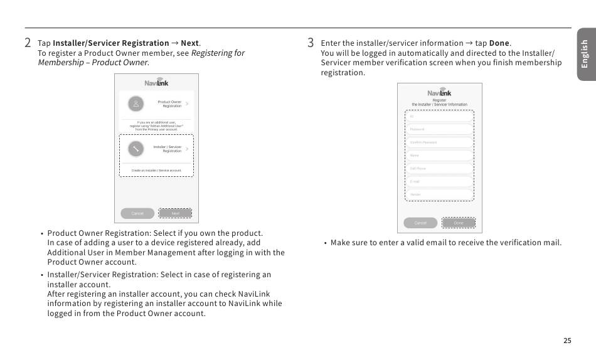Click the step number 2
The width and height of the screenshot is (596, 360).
pos(28,43)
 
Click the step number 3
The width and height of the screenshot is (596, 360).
pos(311,43)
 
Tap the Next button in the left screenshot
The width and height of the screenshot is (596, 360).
pos(176,213)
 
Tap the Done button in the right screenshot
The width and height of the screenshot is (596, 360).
pos(459,223)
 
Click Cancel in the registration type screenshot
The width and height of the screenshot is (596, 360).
pos(137,213)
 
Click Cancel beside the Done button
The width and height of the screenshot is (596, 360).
pos(420,223)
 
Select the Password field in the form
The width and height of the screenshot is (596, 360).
pos(440,129)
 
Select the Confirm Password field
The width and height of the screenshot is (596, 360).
pos(440,142)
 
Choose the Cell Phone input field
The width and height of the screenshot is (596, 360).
pos(440,169)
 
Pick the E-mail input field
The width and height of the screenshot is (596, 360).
pos(440,181)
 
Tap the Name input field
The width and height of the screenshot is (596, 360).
pos(440,156)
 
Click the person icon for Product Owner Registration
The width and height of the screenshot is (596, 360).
pos(136,103)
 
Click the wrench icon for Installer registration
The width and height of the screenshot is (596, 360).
pos(136,149)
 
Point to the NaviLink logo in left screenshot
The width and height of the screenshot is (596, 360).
pos(156,82)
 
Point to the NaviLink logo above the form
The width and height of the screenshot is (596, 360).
pos(439,92)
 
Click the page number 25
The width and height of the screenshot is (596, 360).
pos(567,341)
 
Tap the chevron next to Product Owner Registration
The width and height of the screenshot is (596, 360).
pos(187,103)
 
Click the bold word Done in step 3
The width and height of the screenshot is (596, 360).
pos(499,43)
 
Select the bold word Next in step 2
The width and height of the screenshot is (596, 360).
pos(189,43)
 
